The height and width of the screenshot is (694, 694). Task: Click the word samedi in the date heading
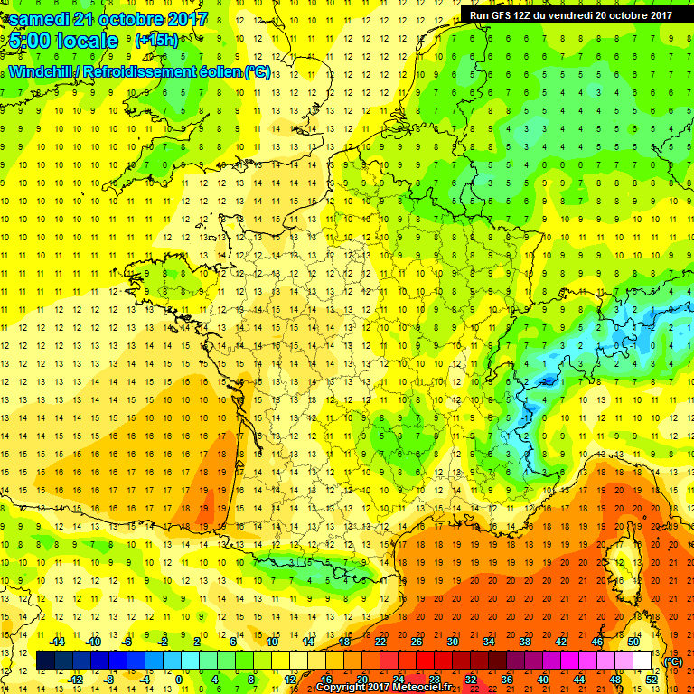click(x=36, y=19)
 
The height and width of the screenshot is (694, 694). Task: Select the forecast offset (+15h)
click(x=156, y=41)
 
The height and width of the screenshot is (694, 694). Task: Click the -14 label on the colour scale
click(x=58, y=642)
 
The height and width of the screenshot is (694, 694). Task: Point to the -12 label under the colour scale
click(x=75, y=680)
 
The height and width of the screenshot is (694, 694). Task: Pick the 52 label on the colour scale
click(x=652, y=680)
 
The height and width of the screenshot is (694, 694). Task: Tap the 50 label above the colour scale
click(x=633, y=642)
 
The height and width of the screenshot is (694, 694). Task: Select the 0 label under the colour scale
click(x=179, y=680)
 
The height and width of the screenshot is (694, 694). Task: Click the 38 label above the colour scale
click(x=525, y=642)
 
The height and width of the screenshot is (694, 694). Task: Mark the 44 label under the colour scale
click(x=579, y=680)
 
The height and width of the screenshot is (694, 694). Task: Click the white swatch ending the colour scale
click(x=642, y=661)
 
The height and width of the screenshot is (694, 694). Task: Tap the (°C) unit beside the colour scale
click(x=672, y=661)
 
